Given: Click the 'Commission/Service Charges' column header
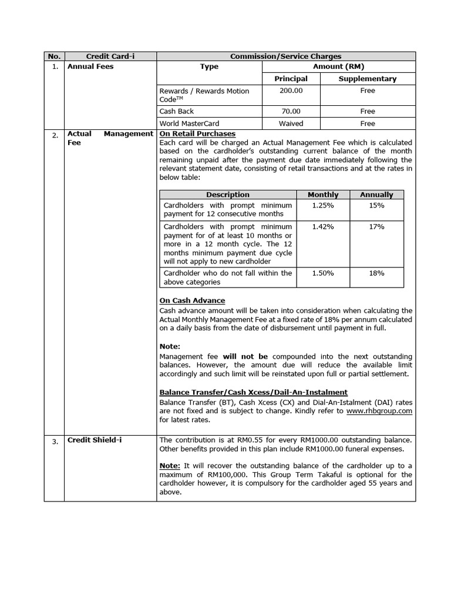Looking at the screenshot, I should [286, 56].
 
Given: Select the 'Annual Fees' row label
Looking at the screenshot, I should [90, 66].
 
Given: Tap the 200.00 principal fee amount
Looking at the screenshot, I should [291, 91].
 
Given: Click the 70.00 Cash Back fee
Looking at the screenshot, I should [291, 111].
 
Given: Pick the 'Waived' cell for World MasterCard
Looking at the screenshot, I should [291, 123].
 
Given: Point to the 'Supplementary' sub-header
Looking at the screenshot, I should [367, 79].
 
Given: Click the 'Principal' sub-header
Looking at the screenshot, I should [291, 79].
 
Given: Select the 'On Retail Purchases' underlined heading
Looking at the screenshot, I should [197, 133].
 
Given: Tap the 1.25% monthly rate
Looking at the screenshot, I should [323, 205].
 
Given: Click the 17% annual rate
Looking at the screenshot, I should [376, 226].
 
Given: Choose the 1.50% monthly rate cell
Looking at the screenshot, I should [323, 273].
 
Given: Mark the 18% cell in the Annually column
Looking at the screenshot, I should [376, 273].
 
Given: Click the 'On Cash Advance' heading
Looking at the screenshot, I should [192, 300].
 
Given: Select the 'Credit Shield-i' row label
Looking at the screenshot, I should [95, 440].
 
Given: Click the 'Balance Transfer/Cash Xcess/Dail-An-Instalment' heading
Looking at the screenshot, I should [253, 392].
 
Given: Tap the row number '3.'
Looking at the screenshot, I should [55, 442].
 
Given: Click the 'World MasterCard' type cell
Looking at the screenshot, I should [189, 123].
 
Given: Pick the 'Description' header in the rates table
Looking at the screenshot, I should [227, 195].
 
